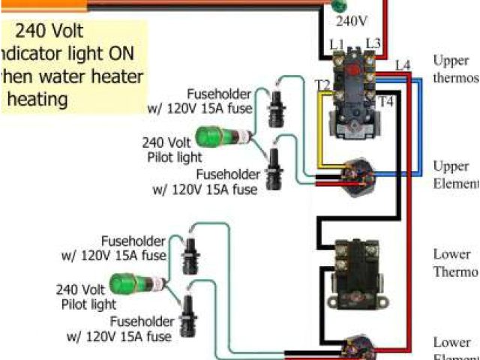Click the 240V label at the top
tap(351, 21)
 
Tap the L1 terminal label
tap(337, 45)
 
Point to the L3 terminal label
tap(373, 45)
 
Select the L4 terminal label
tap(403, 66)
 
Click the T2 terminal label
tap(323, 85)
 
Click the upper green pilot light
tap(216, 137)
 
